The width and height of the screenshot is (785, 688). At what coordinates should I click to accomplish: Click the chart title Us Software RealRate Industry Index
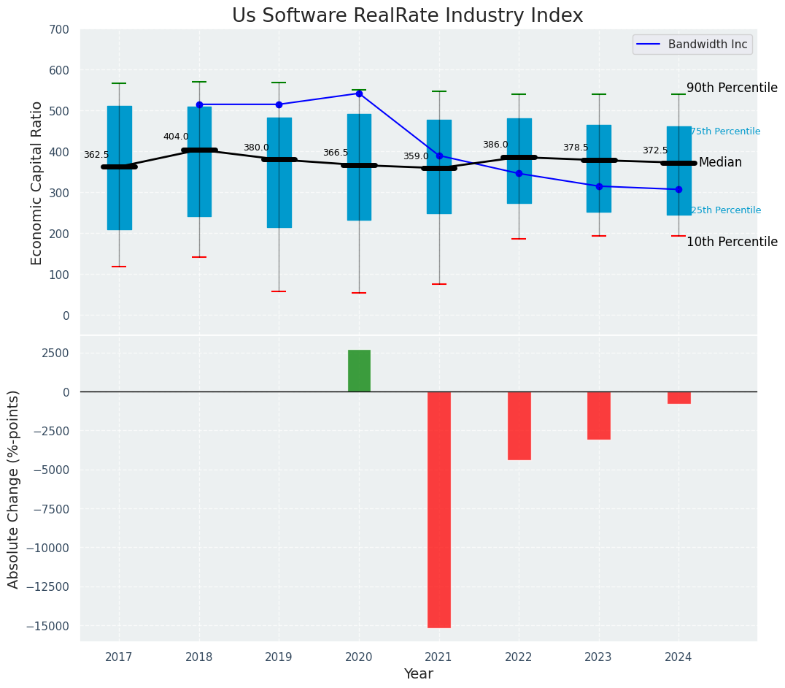point(407,16)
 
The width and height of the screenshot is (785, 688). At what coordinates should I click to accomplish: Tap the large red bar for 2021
point(438,509)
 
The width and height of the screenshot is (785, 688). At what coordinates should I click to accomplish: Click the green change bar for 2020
point(359,371)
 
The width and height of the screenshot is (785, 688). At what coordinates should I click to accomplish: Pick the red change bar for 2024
point(678,397)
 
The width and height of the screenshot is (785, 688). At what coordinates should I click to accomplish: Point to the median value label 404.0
point(176,137)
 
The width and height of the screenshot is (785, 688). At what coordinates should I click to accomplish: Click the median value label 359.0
point(416,156)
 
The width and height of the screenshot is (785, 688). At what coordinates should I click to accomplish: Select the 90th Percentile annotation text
point(732,88)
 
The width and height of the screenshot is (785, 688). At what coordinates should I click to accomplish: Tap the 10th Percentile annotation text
point(732,242)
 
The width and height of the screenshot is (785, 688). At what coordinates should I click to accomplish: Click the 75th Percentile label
point(725,131)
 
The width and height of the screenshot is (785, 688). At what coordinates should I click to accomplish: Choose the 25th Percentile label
point(725,210)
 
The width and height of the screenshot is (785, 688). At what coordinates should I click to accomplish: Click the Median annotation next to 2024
point(720,162)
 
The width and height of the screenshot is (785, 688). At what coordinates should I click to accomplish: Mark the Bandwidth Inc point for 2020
point(359,93)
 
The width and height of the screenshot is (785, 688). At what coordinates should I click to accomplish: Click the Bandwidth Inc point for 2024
point(678,189)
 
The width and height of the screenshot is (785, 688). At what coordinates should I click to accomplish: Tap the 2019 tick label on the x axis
point(279,657)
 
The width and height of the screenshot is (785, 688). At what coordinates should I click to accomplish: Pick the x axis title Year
point(419,674)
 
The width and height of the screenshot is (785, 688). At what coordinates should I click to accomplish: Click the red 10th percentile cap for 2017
point(119,267)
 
